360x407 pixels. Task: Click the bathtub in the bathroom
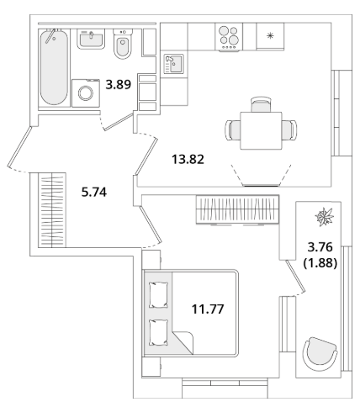pos(54,67)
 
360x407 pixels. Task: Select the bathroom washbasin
pos(91,39)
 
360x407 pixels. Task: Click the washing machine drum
pos(86,92)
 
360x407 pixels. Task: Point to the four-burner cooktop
pos(229,37)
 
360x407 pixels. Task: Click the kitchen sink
pos(174,64)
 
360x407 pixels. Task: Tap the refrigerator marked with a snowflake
pos(270,36)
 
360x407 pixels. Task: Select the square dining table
pos(261,130)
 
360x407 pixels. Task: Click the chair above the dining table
pos(261,104)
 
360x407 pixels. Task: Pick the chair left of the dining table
pos(233,130)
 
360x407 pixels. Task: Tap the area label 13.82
pos(188,160)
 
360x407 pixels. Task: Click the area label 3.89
pos(119,84)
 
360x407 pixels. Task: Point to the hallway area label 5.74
pos(94,193)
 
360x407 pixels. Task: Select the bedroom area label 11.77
pos(208,309)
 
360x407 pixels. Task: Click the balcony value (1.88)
pos(320,263)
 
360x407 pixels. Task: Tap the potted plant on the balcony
pos(325,217)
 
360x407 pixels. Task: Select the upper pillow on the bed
pos(159,295)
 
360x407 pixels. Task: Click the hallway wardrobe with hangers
pos(52,210)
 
